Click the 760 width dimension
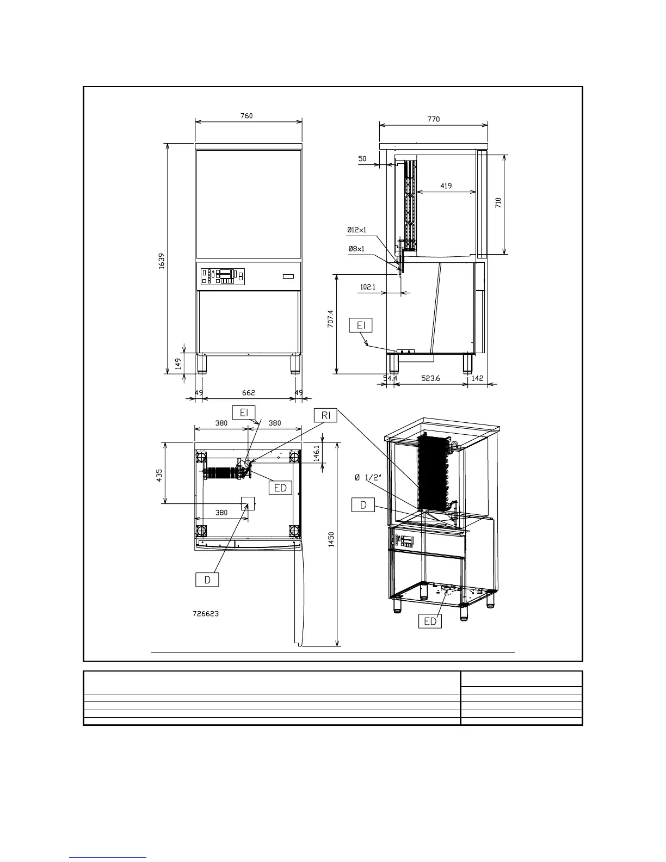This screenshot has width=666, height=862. click(246, 116)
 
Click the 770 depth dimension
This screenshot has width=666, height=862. click(434, 119)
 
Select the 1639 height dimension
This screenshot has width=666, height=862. click(162, 261)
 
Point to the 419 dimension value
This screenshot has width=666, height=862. click(446, 186)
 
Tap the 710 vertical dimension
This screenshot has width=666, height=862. click(498, 202)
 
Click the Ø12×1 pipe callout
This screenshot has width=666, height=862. click(356, 230)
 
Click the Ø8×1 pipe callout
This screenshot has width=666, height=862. click(356, 249)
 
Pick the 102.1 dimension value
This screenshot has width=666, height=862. click(367, 286)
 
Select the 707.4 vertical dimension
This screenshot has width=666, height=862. click(330, 318)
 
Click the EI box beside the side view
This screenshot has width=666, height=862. click(361, 325)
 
